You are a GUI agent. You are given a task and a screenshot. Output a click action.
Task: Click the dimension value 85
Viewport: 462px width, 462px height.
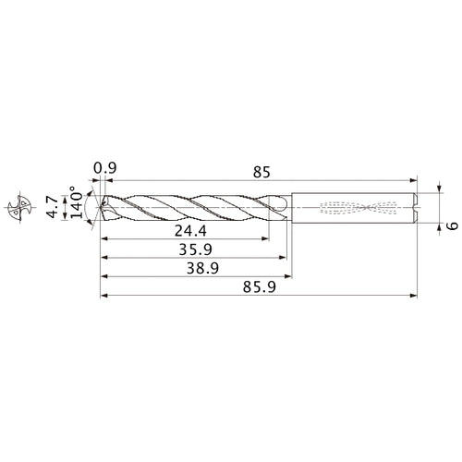(261, 170)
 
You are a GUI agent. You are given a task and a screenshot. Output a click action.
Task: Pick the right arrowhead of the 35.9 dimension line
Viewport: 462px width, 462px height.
(281, 257)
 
